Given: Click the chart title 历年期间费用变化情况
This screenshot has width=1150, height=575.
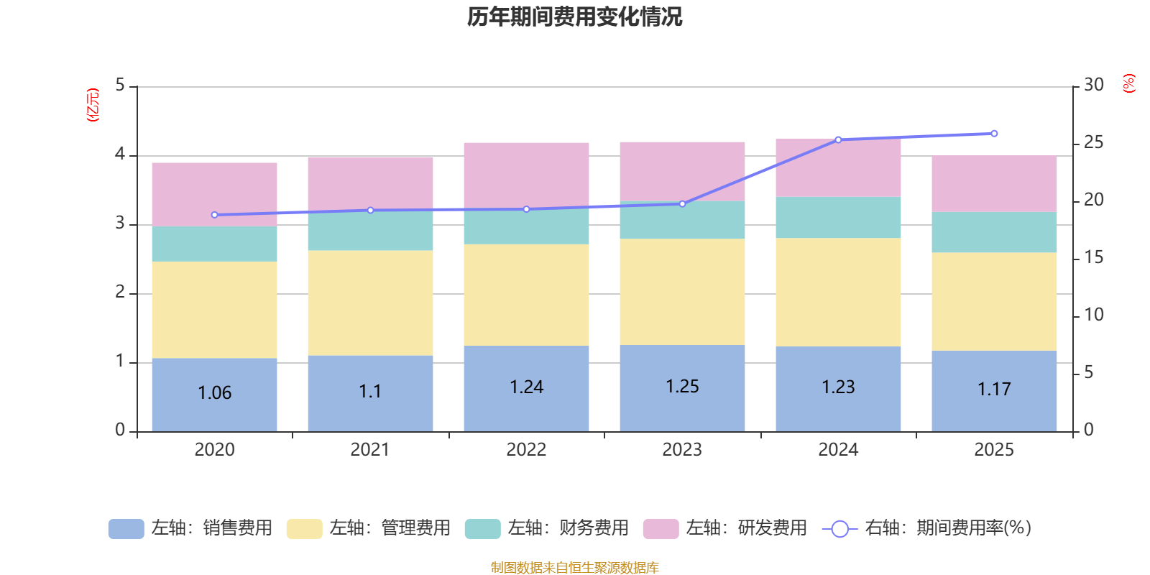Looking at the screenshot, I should click(574, 17).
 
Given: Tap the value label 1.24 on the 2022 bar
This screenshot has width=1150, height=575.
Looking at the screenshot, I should click(526, 387).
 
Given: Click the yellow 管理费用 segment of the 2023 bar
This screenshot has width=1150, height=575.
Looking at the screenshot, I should click(682, 292).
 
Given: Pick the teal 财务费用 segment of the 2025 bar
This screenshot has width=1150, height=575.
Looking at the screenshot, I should click(994, 232).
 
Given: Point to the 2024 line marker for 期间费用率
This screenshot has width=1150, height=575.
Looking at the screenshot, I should click(838, 139).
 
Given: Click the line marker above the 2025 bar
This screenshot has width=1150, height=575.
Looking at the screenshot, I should click(994, 134).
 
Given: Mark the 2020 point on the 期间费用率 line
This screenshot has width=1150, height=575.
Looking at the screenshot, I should click(214, 215).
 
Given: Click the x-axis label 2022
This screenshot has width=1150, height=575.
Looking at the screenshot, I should click(526, 450).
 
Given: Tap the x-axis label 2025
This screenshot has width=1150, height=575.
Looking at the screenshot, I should click(994, 450).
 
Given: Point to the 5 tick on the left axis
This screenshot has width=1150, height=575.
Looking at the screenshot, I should click(120, 86).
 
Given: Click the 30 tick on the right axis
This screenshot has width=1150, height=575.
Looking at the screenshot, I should click(1093, 86).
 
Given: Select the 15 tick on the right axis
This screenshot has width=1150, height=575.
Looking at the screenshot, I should click(1093, 257).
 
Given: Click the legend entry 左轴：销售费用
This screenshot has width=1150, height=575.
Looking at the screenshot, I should click(190, 528).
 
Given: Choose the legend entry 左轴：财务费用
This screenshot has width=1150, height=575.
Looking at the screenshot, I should click(547, 528).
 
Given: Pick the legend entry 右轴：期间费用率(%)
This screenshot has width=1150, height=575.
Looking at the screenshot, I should click(926, 528).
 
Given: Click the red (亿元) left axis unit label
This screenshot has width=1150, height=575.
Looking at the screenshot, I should click(93, 105).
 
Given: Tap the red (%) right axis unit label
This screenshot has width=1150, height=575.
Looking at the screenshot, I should click(1129, 83).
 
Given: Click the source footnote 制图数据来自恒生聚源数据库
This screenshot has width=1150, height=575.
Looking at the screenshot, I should click(574, 568).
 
